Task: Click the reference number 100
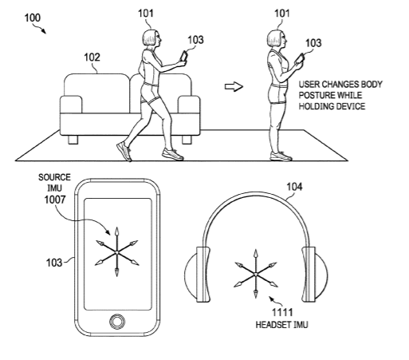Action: [x=33, y=18]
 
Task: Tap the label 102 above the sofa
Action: [x=92, y=57]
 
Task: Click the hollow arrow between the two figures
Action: [x=234, y=87]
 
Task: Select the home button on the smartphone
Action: [x=116, y=322]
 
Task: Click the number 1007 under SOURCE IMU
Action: [x=55, y=200]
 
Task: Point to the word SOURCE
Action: [x=54, y=177]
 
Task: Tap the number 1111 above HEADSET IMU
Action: [x=282, y=312]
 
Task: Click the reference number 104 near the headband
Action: [x=294, y=187]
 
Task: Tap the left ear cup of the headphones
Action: [x=197, y=275]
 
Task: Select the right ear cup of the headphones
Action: [x=315, y=275]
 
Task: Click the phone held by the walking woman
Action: [x=184, y=57]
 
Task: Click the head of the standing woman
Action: [x=277, y=38]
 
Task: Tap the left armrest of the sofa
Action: [x=71, y=105]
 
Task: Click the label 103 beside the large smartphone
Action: [x=54, y=263]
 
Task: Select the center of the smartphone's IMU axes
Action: [x=116, y=252]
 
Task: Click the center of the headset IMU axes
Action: [x=256, y=274]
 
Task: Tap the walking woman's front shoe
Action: [x=172, y=154]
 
